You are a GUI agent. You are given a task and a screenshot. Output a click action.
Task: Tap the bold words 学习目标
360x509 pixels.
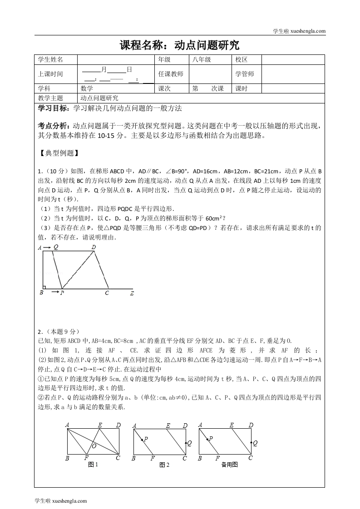coord(52,108)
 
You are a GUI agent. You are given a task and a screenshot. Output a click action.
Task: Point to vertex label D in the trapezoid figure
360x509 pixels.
coord(94,247)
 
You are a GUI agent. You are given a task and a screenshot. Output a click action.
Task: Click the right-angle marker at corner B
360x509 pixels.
coord(44,286)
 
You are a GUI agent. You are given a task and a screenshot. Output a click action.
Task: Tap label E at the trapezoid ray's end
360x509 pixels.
coord(132,294)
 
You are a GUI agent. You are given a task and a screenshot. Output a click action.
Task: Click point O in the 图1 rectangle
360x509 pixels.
coord(94,445)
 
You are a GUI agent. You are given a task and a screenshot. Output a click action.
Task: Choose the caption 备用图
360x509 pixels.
coord(229,465)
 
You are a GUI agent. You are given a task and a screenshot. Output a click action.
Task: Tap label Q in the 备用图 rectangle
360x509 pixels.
coord(255,443)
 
